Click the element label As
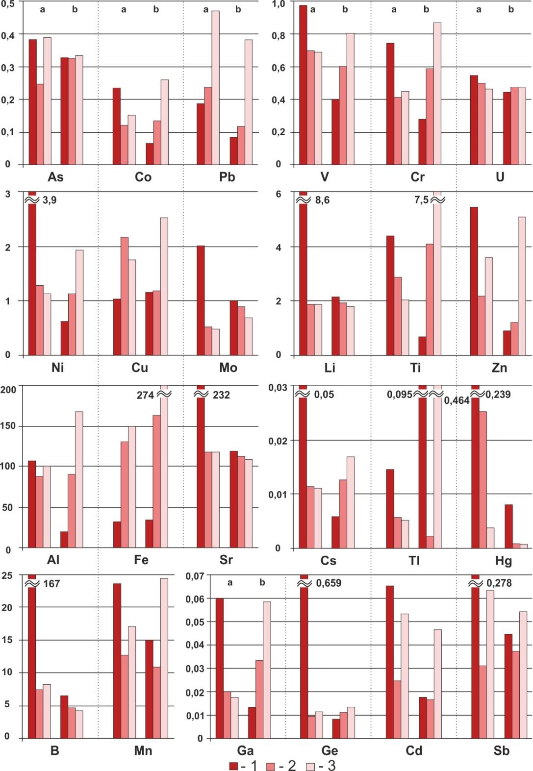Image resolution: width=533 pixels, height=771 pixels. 55,177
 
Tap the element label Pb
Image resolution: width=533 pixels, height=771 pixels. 227,177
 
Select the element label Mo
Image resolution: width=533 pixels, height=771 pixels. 228,368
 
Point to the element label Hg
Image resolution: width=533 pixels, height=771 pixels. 500,560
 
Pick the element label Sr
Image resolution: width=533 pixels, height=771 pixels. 226,560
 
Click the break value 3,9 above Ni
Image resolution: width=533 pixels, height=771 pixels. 49,200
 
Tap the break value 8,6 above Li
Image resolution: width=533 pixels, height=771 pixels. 322,200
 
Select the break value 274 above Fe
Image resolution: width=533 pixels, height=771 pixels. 145,395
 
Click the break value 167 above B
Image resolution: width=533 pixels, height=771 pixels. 51,584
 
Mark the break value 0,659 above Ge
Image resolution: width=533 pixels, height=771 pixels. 329,583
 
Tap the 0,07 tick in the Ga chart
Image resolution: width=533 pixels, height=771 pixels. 195,576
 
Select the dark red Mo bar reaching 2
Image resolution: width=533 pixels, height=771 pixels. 201,300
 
